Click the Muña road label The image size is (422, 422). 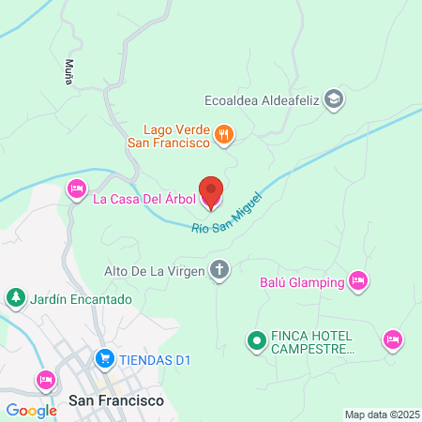click(68, 72)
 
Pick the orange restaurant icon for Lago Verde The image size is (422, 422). click(222, 135)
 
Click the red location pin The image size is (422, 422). click(212, 192)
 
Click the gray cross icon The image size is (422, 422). click(219, 271)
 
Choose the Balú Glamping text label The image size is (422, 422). click(301, 280)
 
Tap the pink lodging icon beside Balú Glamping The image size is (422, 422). click(356, 279)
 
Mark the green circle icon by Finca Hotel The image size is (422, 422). click(254, 340)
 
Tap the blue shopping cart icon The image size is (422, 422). click(104, 358)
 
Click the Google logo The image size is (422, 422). click(31, 409)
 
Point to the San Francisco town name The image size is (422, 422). click(116, 400)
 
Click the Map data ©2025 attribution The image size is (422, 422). click(382, 414)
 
